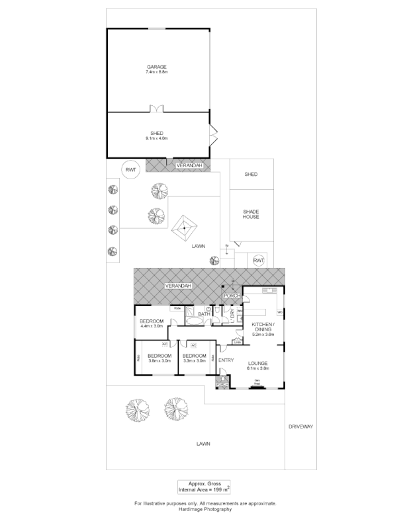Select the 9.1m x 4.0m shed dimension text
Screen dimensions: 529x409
157,138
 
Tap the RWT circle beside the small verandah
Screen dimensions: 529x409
130,169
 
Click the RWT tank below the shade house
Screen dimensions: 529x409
258,261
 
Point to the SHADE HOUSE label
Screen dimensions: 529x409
250,214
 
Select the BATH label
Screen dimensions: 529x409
204,313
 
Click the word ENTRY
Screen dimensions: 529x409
226,360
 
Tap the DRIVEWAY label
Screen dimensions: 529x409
300,427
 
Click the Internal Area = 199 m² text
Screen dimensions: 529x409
204,490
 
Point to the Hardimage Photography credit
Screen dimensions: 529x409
204,510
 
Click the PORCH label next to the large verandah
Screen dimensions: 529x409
231,296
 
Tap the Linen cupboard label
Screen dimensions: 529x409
237,342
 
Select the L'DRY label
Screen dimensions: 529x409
232,311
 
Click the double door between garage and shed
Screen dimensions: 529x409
157,109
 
